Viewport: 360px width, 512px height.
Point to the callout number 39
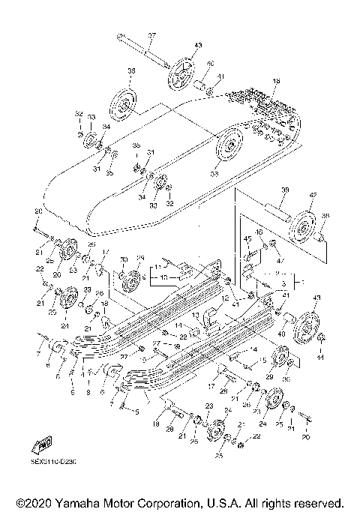pyautogui.click(x=283, y=191)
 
